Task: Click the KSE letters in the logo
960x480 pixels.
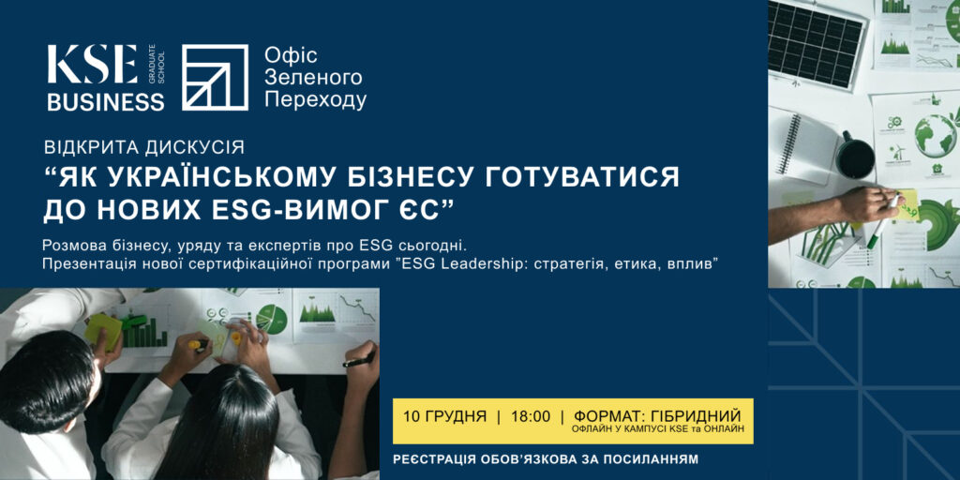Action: [x=92, y=66]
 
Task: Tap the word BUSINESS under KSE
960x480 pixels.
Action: [x=106, y=102]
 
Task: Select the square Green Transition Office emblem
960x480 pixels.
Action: [x=215, y=78]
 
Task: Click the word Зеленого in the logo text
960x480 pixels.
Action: [x=313, y=77]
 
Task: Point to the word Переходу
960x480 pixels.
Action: [x=315, y=99]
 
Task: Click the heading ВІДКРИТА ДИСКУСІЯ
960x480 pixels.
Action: [x=145, y=147]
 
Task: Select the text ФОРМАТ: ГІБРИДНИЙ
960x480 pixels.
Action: [x=657, y=415]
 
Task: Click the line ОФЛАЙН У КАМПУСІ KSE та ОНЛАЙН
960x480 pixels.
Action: [x=657, y=429]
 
